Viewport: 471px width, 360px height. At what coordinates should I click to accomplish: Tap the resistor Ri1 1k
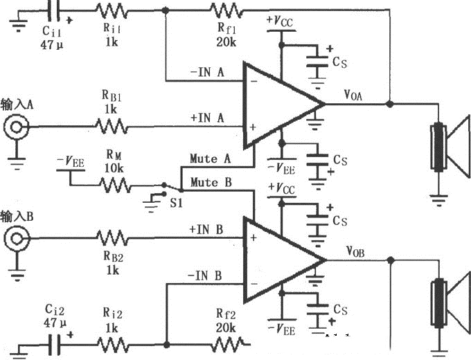click(x=111, y=10)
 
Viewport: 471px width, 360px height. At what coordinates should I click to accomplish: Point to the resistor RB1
click(x=111, y=127)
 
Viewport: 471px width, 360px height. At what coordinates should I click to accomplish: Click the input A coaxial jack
click(x=15, y=127)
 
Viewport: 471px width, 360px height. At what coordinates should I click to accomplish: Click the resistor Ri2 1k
click(x=111, y=343)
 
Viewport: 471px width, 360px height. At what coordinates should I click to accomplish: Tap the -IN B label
click(x=204, y=276)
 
